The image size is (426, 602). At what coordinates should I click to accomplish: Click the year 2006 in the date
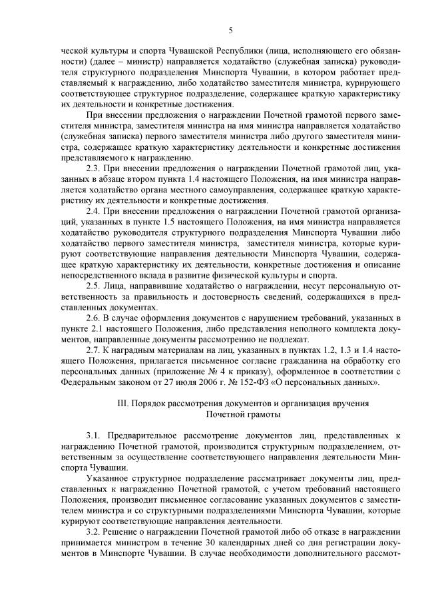tap(214, 382)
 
